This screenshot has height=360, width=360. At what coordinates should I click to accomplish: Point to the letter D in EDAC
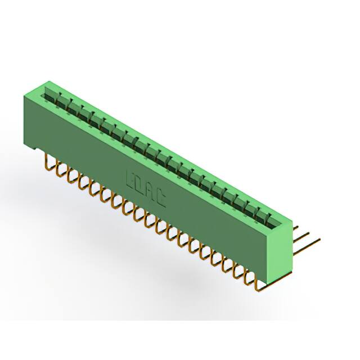140,187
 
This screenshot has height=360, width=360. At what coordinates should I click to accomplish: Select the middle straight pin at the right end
304,239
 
